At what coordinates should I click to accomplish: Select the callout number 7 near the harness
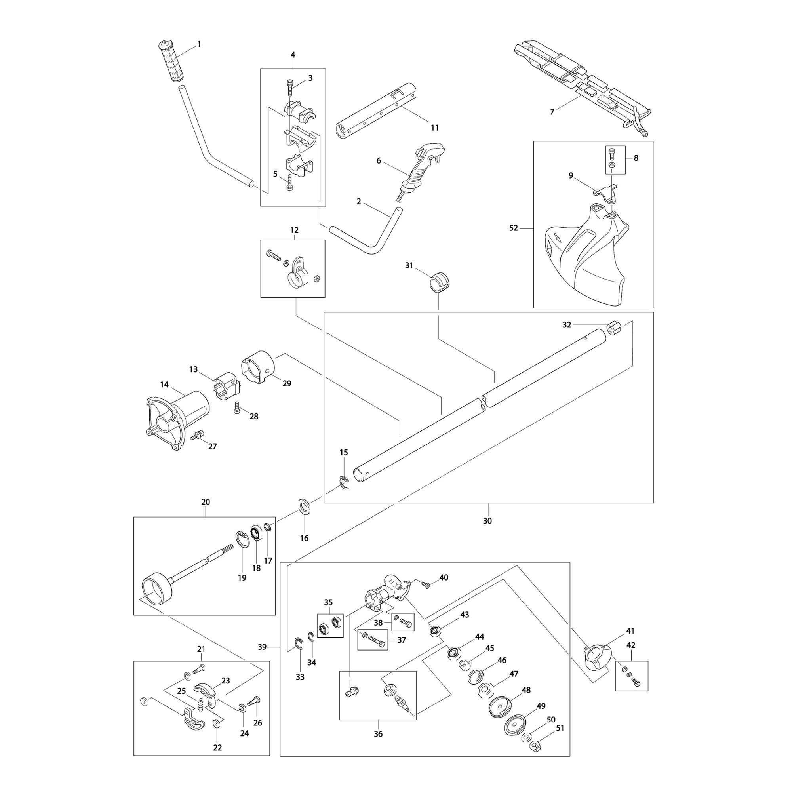coord(552,112)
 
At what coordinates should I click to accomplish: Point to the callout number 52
coord(513,228)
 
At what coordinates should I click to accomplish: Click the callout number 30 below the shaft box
coord(487,521)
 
